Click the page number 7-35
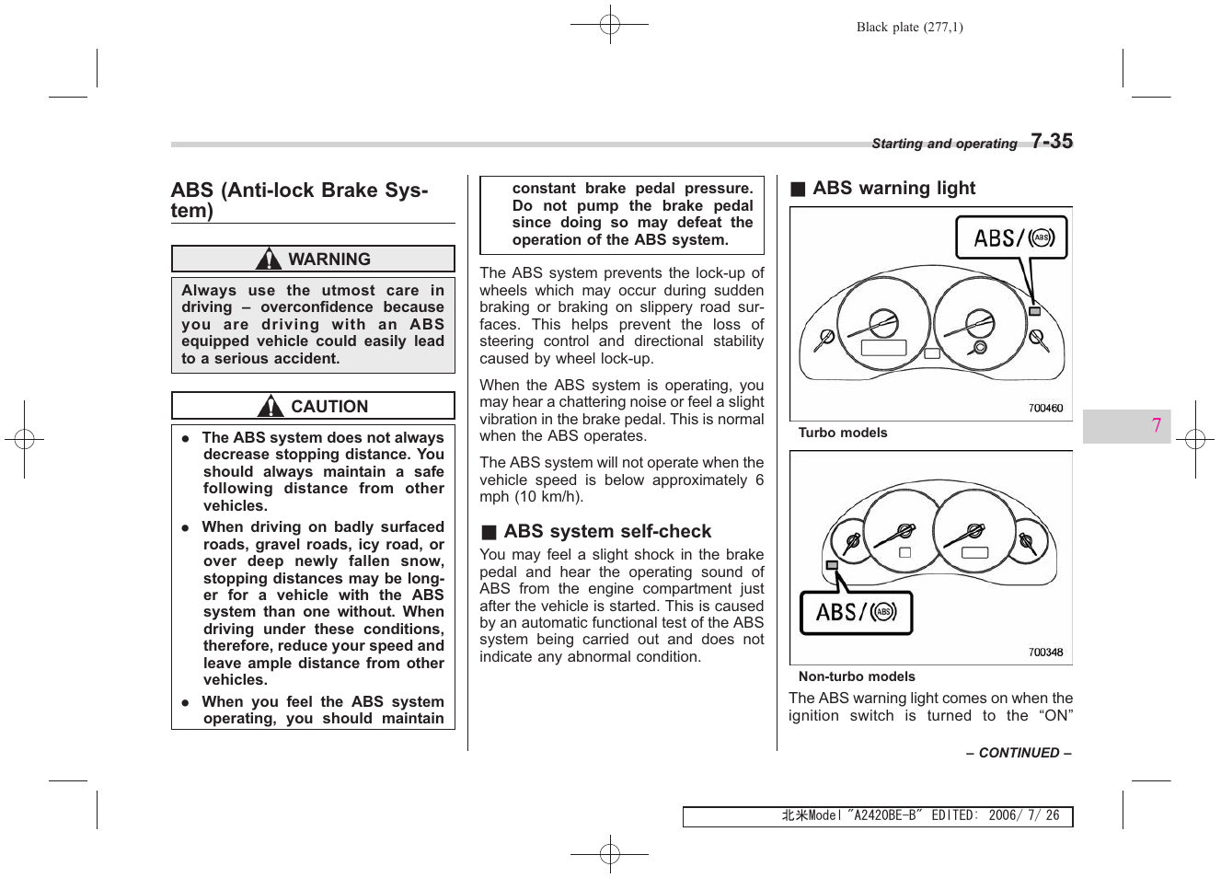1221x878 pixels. click(x=1051, y=141)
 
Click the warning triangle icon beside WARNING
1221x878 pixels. click(x=268, y=259)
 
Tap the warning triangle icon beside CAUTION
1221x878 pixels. click(x=271, y=406)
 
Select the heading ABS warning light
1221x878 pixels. click(x=893, y=189)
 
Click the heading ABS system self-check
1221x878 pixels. click(x=607, y=532)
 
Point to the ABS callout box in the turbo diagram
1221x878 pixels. click(x=1010, y=237)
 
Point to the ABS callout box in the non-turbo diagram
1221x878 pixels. click(x=856, y=613)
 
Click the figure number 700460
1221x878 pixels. click(x=1045, y=408)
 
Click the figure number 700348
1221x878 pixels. click(x=1045, y=653)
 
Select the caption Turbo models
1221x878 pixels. click(x=842, y=433)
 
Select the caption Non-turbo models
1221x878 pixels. click(x=856, y=676)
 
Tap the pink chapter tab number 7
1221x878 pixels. click(x=1156, y=426)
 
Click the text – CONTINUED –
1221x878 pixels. click(x=1018, y=753)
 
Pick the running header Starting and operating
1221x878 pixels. click(x=943, y=144)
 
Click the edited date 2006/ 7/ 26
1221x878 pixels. click(x=1023, y=816)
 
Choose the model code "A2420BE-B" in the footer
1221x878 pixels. click(x=884, y=816)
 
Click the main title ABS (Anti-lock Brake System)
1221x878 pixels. click(x=299, y=200)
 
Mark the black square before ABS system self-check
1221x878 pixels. click(x=489, y=533)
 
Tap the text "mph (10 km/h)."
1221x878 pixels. click(x=531, y=497)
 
